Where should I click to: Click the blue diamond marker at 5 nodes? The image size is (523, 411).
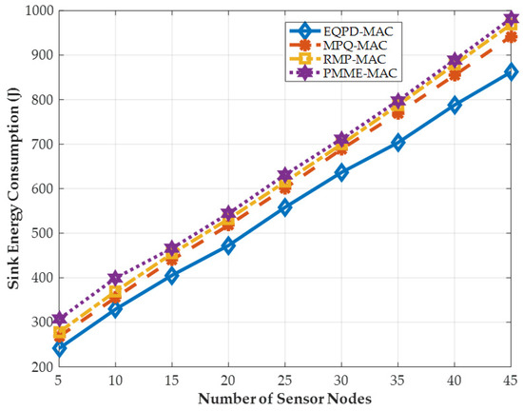click(60, 348)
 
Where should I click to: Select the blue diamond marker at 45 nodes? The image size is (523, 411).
click(511, 71)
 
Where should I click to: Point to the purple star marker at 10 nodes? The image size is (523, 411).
click(116, 278)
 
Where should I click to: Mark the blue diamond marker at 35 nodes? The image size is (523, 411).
click(398, 142)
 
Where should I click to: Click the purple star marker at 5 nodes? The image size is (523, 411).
click(60, 319)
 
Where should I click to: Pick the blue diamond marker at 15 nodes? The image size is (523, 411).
click(172, 275)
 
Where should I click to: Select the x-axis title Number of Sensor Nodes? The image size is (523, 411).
click(285, 398)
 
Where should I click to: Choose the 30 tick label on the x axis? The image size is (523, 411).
click(341, 380)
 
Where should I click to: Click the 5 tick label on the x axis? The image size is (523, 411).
click(60, 380)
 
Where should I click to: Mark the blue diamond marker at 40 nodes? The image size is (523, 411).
click(455, 106)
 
